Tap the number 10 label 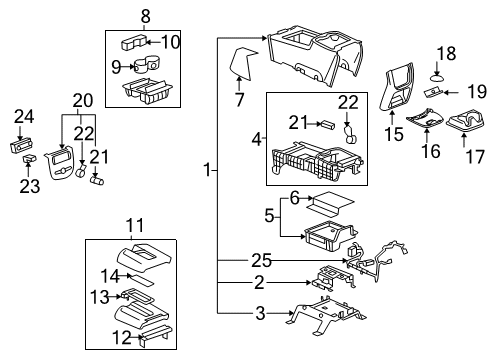coord(171,42)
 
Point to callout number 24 coord(23,116)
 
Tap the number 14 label coord(117,274)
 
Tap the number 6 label coord(294,197)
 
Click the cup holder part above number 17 coord(465,124)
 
